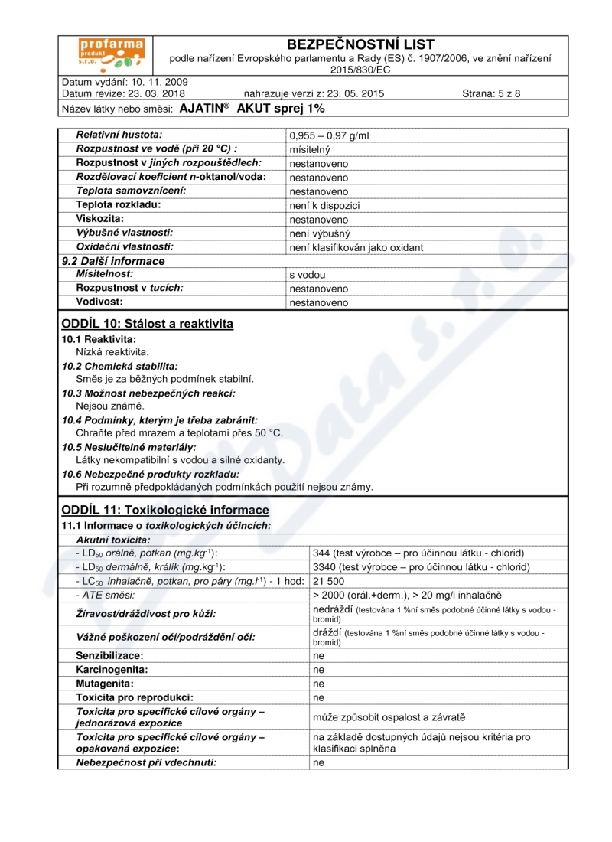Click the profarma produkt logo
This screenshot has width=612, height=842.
point(111,54)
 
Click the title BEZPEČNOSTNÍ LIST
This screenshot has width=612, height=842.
point(359,45)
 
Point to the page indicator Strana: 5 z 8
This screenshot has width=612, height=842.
point(491,94)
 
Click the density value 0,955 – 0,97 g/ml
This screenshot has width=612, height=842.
point(329,135)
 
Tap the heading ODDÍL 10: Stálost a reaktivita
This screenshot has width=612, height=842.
point(147,324)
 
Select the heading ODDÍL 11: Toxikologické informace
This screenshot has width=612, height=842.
point(164,510)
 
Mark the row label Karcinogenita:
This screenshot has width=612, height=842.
point(111,670)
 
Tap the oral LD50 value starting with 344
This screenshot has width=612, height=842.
point(418,553)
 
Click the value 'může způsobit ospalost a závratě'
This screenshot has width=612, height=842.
point(389,717)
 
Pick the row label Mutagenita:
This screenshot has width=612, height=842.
point(105,684)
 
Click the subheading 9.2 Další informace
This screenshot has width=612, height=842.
point(112,261)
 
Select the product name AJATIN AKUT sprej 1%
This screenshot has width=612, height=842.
point(252,109)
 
